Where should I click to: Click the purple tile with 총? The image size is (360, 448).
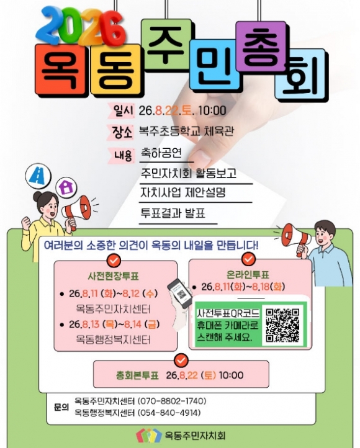[261, 46]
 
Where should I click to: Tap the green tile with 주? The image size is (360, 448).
[166, 44]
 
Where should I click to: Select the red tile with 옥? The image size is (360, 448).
[60, 69]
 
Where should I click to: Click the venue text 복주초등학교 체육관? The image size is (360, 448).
[186, 131]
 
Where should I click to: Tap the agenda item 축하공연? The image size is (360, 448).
[161, 153]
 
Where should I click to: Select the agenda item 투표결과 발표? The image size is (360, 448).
[173, 213]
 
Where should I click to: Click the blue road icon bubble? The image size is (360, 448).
[38, 176]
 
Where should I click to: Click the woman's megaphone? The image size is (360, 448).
[76, 210]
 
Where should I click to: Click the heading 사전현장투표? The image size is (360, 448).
[114, 276]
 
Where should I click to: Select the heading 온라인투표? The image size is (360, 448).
[248, 275]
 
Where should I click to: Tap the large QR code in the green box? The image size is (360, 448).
[282, 325]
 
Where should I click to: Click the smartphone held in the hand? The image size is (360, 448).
[180, 293]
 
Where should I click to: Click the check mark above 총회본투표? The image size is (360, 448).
[181, 361]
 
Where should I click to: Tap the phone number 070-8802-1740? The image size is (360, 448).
[172, 401]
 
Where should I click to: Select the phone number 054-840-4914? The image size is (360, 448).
[169, 413]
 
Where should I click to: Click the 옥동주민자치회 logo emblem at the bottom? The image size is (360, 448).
[147, 436]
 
